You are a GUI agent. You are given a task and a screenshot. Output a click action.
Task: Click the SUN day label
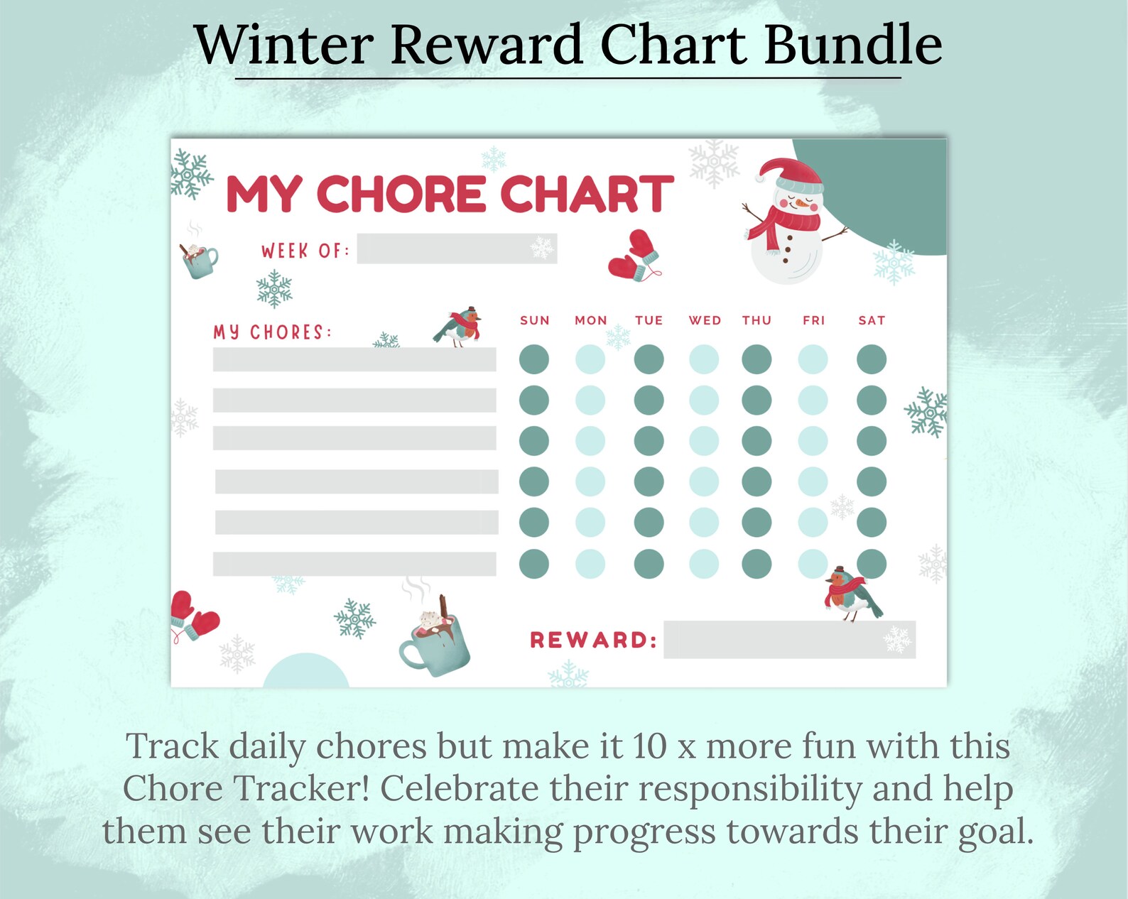534,320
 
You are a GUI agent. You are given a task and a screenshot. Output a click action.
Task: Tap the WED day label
705,320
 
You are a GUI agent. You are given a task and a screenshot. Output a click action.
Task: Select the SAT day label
872,320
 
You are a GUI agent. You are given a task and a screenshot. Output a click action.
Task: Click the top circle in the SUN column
534,359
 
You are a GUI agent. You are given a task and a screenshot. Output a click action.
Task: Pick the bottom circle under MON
590,565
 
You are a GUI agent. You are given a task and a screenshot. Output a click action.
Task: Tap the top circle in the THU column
756,359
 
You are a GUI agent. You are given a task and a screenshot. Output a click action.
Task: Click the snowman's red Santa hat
790,175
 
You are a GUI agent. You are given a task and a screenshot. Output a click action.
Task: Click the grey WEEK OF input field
457,249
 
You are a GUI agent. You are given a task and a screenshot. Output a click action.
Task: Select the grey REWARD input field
788,640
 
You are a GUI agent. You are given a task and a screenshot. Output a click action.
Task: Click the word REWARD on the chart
592,641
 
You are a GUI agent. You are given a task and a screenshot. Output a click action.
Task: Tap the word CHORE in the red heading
401,194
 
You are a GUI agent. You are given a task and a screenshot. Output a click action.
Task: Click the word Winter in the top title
283,45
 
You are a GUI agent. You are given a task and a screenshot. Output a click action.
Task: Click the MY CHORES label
272,332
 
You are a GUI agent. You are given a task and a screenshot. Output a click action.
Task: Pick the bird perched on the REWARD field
850,595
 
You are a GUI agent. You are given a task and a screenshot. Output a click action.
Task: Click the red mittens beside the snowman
634,256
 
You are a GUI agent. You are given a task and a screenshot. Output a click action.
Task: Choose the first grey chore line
354,359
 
